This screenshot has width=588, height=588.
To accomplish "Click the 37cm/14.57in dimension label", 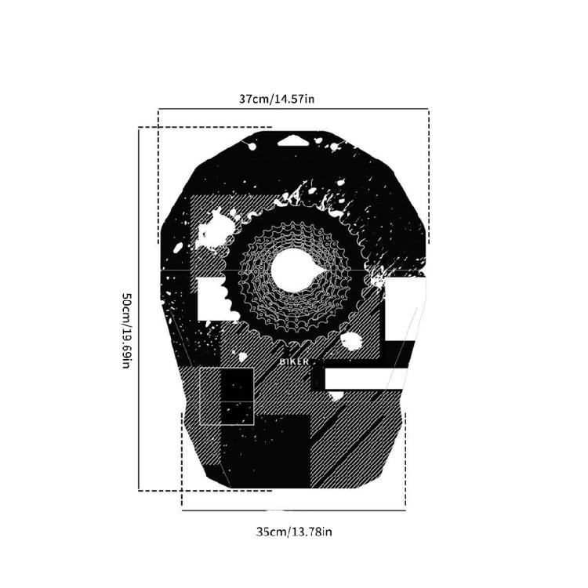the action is pyautogui.click(x=277, y=99).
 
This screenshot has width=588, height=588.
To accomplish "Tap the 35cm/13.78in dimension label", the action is pyautogui.click(x=294, y=532).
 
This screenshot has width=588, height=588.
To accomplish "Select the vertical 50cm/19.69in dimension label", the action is pyautogui.click(x=126, y=330).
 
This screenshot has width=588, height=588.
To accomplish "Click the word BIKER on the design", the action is pyautogui.click(x=294, y=362).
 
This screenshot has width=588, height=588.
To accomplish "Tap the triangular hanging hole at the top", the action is pyautogui.click(x=293, y=141).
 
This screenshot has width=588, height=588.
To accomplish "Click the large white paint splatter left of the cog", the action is pyautogui.click(x=214, y=230).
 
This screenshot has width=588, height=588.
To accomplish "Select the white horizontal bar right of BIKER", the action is pyautogui.click(x=366, y=379).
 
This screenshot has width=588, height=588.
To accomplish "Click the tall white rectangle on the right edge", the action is pyautogui.click(x=405, y=309).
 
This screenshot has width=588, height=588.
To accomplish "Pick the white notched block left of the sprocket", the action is pyautogui.click(x=214, y=299).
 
